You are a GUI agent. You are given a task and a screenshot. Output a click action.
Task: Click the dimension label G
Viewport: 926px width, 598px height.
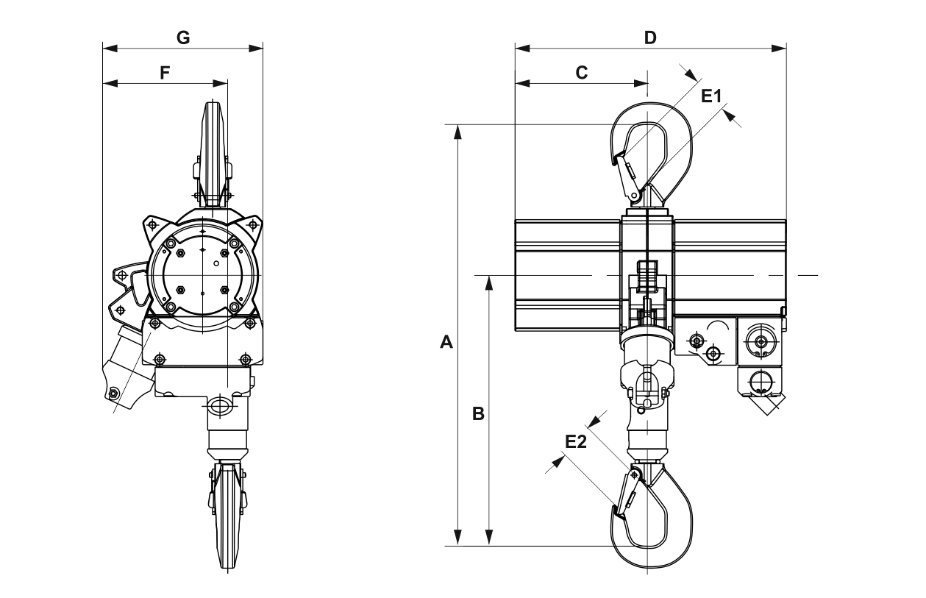coord(183,38)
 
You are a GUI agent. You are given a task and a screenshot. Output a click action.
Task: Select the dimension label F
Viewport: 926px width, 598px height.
coord(165,73)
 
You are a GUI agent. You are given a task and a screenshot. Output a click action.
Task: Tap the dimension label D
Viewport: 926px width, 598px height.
coord(650,38)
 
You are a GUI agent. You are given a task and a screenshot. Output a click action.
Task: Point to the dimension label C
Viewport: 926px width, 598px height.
coord(582,73)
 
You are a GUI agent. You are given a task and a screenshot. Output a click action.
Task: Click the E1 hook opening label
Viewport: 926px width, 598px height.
coord(711,96)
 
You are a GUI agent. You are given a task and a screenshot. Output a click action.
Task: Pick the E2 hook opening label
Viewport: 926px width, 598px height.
coord(576,442)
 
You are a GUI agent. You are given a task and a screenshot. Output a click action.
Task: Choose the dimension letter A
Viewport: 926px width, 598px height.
coord(446,343)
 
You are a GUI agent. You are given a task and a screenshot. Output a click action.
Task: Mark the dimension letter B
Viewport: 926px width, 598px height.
coord(478,413)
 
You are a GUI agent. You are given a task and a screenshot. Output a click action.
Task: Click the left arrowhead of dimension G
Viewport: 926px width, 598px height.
coord(110,49)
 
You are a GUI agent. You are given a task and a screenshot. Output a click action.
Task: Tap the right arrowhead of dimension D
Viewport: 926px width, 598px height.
coord(779,49)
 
